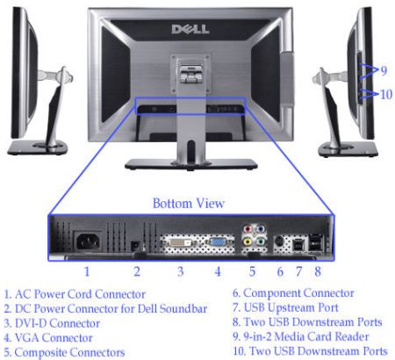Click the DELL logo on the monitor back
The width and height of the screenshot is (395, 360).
(190, 29)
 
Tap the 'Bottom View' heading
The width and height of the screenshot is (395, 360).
(189, 204)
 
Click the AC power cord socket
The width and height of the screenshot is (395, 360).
(88, 241)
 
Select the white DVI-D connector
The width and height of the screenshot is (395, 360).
(180, 242)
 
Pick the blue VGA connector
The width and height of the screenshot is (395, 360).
(217, 242)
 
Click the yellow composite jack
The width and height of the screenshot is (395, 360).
(248, 242)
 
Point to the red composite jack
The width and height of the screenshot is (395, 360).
(248, 228)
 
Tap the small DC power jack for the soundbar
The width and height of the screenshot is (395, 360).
(135, 246)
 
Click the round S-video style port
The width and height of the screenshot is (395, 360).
(279, 242)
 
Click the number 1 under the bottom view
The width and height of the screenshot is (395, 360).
(87, 271)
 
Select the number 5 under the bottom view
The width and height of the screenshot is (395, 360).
(252, 271)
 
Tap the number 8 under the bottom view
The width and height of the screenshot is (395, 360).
(318, 271)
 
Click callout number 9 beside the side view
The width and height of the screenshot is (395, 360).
(384, 70)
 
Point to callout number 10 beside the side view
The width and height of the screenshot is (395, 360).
(386, 94)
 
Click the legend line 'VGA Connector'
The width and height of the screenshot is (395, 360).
(48, 338)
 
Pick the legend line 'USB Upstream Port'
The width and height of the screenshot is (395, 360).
(285, 307)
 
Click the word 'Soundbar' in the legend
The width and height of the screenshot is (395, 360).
(183, 308)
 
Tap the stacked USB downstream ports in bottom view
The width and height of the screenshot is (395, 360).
(316, 242)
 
